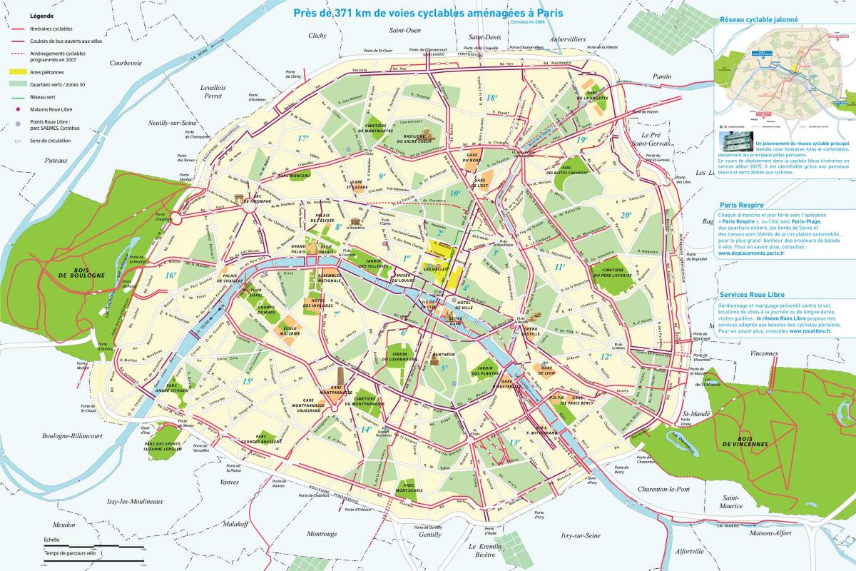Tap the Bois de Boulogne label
[88, 272]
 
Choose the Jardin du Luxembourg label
[398, 357]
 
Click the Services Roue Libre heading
[755, 294]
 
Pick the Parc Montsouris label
[408, 487]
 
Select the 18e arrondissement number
[491, 98]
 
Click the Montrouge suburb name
[322, 533]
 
